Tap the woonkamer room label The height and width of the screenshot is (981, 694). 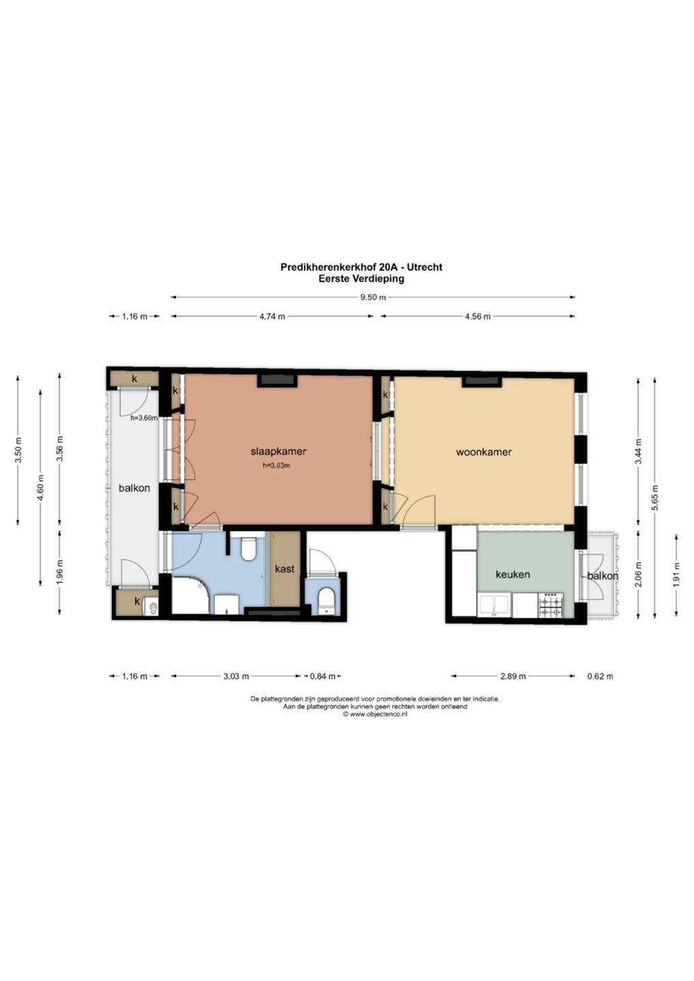point(484,452)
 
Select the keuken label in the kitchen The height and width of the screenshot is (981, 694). point(513,574)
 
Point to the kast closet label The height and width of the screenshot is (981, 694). point(284,569)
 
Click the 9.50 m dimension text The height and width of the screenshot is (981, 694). point(373,297)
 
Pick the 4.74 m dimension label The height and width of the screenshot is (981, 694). point(272,316)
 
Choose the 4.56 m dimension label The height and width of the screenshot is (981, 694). point(478,316)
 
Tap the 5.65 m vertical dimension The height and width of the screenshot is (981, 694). point(654,497)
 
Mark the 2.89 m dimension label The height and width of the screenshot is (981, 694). point(513,676)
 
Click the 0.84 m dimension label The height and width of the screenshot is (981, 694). point(322,676)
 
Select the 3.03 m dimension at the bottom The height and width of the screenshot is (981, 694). point(236,676)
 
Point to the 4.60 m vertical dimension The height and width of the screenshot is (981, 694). point(41,487)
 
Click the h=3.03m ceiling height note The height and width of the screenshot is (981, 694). point(276,465)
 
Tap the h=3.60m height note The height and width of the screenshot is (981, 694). point(144,418)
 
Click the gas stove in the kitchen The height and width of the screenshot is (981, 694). point(551,605)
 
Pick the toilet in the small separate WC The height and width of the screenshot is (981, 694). point(325,599)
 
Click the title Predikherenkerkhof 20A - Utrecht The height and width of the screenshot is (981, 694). point(361,267)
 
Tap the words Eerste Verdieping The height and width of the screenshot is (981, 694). point(361,278)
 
